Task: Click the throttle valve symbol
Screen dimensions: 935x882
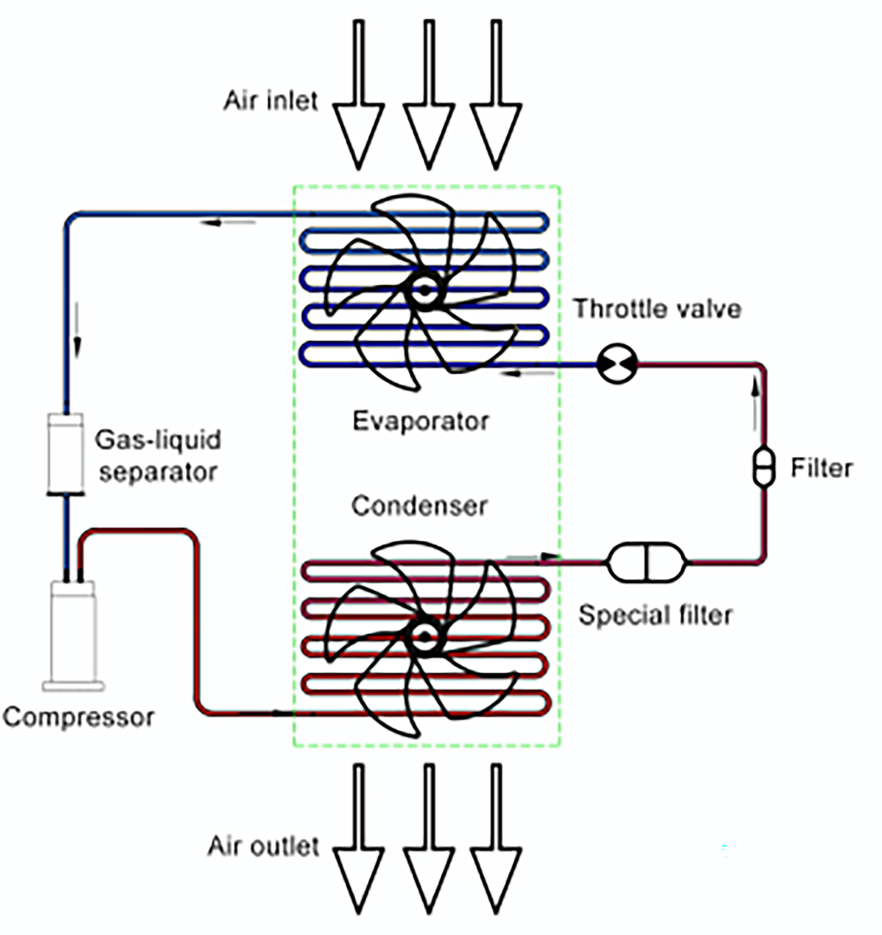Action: click(617, 363)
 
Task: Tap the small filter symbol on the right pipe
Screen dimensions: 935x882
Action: click(764, 467)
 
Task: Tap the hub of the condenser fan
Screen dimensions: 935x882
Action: click(424, 637)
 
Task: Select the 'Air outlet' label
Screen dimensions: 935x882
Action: click(263, 846)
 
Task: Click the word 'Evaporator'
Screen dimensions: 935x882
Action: click(420, 421)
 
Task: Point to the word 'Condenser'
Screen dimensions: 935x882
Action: click(419, 506)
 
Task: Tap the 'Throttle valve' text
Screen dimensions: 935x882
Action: click(657, 309)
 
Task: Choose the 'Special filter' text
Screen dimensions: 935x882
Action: click(655, 615)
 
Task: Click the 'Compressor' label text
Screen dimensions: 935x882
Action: click(79, 718)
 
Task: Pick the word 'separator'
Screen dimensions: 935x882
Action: click(158, 472)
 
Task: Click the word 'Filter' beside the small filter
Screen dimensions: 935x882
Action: click(821, 468)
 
